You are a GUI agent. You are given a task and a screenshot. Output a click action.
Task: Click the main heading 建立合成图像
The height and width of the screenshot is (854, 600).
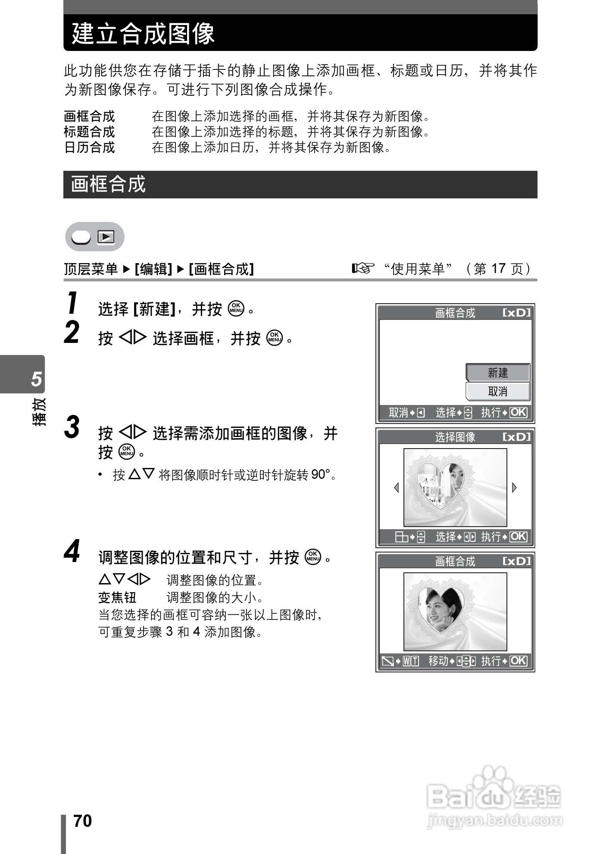[143, 34]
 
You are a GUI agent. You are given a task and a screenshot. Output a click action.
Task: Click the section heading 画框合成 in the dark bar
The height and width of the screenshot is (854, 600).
[108, 184]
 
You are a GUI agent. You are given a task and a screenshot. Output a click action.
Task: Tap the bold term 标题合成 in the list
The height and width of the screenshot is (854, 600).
[89, 132]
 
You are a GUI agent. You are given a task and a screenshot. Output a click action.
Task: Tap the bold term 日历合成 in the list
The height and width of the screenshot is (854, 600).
[89, 148]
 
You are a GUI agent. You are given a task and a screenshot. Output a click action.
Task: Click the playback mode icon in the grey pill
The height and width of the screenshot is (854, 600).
[106, 237]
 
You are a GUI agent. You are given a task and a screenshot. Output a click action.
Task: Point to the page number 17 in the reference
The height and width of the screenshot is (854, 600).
[498, 269]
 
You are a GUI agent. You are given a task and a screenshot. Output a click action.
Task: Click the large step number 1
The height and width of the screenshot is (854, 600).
[73, 303]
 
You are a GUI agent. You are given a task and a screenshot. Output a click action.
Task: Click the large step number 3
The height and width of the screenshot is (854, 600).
[72, 427]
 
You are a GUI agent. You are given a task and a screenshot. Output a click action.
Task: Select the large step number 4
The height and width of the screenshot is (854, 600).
[72, 552]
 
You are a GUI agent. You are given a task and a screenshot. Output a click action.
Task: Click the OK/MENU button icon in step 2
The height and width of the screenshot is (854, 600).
[275, 338]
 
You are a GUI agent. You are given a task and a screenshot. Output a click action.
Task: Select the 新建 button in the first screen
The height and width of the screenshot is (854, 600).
[498, 373]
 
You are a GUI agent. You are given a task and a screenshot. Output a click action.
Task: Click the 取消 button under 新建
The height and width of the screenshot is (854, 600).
[498, 392]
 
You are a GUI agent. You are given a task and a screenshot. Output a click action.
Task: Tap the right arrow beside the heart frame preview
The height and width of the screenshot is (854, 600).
[514, 488]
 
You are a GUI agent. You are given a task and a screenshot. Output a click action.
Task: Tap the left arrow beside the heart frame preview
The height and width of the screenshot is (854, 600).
[397, 488]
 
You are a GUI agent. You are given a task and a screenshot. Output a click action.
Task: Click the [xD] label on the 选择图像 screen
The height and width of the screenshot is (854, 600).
[517, 437]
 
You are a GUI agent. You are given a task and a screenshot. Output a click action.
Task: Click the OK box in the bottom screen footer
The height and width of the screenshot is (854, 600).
[518, 661]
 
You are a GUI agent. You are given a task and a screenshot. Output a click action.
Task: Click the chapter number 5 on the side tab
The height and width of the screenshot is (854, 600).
[37, 379]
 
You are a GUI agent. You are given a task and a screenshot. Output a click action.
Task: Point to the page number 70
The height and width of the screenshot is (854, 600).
[83, 821]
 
